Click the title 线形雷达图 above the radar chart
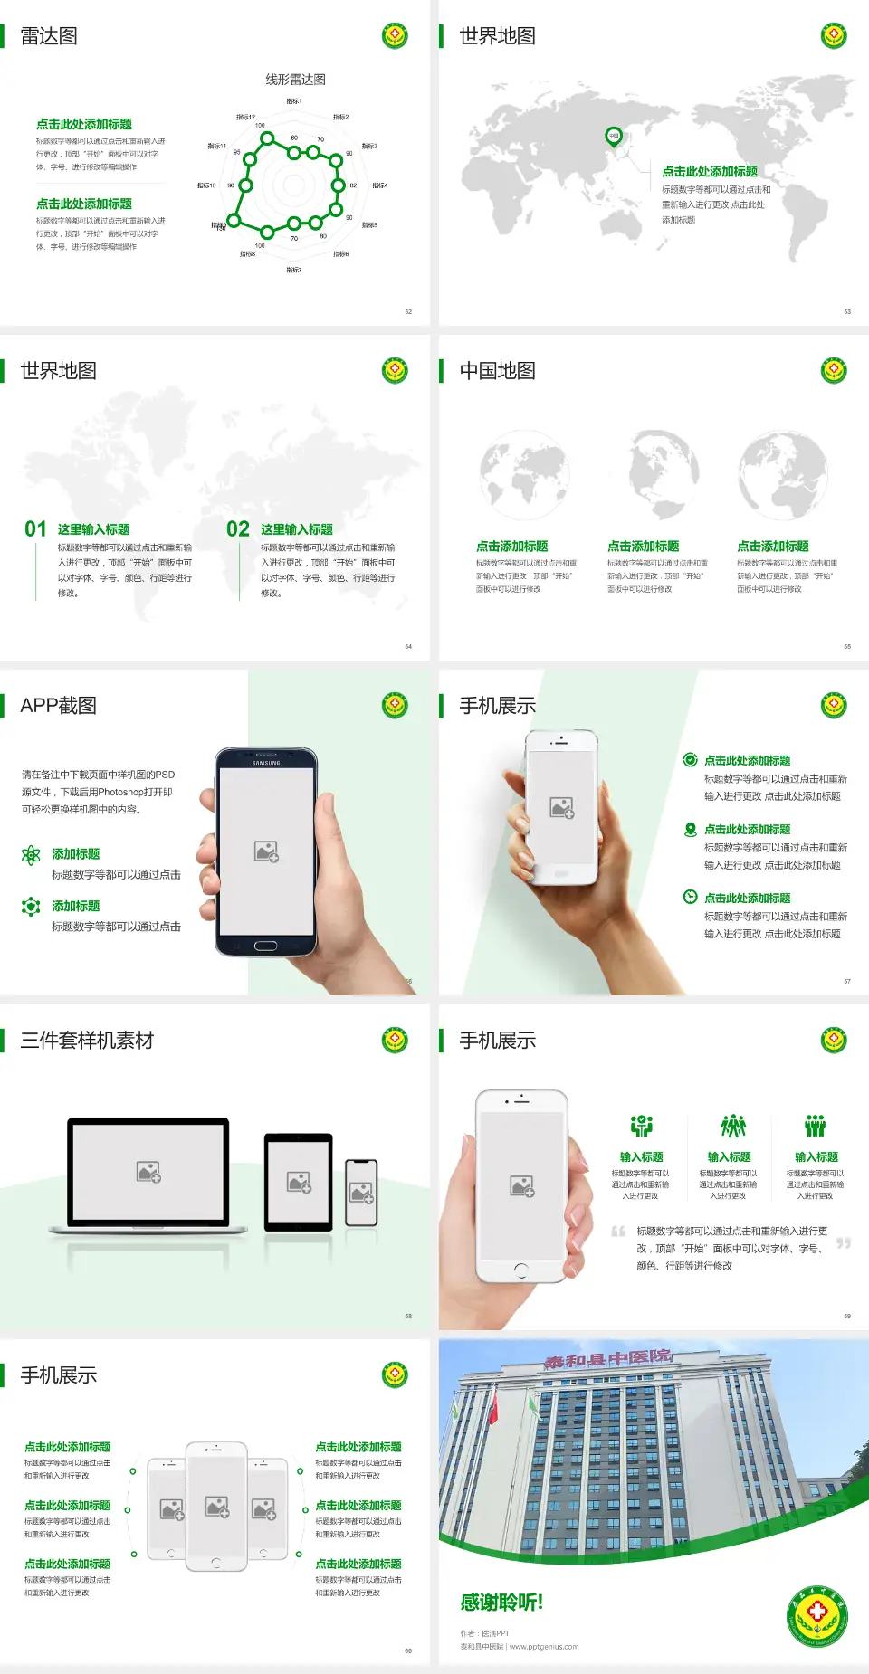[295, 80]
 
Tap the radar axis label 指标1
[294, 101]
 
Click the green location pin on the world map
[613, 137]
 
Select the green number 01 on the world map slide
[35, 529]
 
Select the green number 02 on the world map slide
[238, 529]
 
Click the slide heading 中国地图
[497, 371]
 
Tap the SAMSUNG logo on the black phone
[266, 763]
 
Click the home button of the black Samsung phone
[265, 946]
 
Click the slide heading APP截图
[58, 706]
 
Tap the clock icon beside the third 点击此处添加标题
[690, 897]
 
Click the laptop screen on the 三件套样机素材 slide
[148, 1171]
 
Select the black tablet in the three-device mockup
[299, 1181]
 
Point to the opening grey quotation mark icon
[618, 1232]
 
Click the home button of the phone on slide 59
[520, 1270]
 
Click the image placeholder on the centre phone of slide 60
[216, 1506]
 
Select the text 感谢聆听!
[501, 1603]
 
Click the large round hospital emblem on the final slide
[816, 1614]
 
